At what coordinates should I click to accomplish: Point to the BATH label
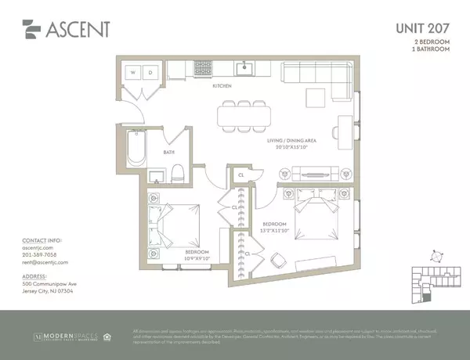169,153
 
